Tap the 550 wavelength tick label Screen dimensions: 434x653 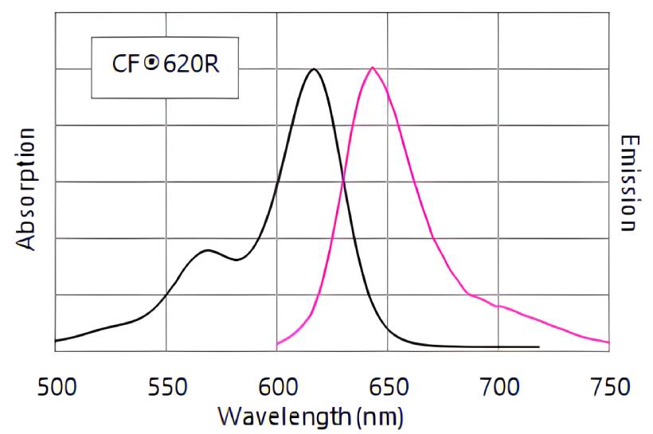[x=166, y=389]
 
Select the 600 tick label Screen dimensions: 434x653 [x=277, y=389]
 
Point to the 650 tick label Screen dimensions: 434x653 [x=388, y=389]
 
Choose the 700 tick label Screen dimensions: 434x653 [x=499, y=389]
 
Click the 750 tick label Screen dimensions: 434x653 [x=608, y=389]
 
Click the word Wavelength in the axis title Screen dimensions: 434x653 [x=283, y=416]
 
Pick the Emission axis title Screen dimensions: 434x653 [x=629, y=183]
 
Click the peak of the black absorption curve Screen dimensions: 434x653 [x=314, y=69]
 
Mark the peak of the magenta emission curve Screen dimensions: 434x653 [x=372, y=68]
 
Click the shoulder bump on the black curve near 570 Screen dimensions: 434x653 [x=208, y=250]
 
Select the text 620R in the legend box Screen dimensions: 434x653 [x=190, y=65]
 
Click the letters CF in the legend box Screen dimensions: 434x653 [x=126, y=65]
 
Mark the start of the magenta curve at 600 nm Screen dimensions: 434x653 [x=277, y=345]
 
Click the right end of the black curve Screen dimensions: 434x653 [x=539, y=347]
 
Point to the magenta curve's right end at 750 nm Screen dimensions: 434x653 [x=608, y=342]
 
